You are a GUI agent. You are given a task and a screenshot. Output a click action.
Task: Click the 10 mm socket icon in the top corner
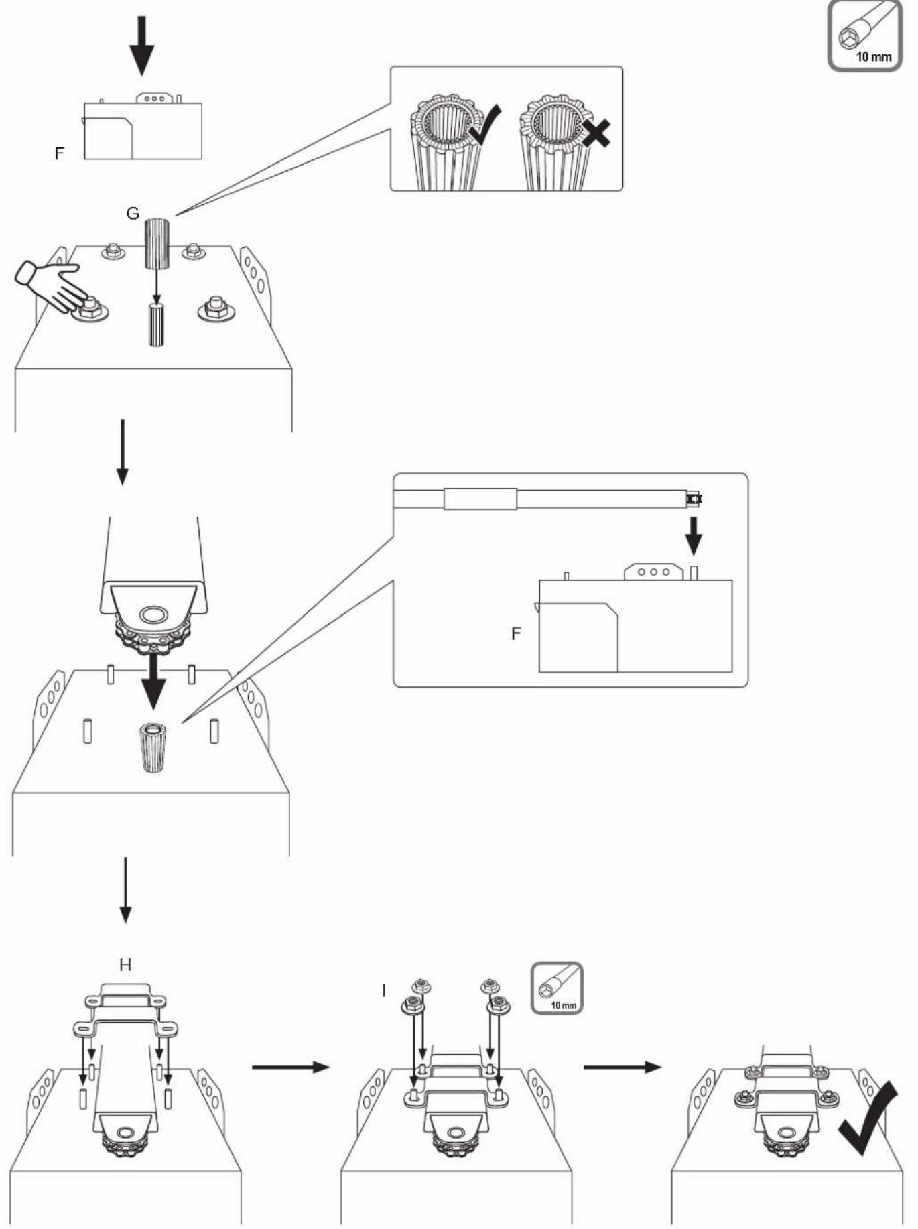(865, 35)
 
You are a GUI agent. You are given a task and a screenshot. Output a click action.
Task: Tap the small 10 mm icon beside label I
(557, 988)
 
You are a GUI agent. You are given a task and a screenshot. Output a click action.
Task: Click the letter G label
(133, 213)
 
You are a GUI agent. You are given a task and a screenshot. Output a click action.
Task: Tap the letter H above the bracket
(125, 965)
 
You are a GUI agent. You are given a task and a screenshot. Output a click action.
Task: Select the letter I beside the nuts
(384, 990)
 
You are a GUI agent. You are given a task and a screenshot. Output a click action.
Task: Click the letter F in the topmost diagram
(60, 153)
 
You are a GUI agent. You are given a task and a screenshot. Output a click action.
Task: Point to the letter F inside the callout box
(516, 633)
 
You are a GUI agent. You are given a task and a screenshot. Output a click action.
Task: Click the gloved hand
(49, 285)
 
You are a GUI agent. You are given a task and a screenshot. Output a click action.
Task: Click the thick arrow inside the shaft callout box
(694, 534)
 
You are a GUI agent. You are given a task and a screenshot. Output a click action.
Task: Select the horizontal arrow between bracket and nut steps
(291, 1066)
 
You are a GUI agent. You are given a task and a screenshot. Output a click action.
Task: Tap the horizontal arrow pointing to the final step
(622, 1066)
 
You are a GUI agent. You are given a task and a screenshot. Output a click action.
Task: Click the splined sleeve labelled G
(157, 244)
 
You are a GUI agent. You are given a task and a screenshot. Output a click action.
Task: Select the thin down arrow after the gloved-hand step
(122, 452)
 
